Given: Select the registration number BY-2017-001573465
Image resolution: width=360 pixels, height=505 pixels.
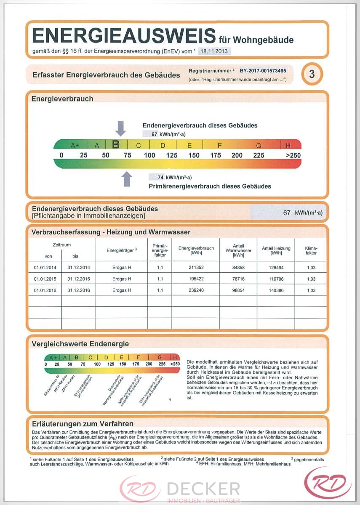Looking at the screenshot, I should [x=263, y=71].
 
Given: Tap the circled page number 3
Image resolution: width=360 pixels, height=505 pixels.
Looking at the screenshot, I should [x=312, y=74].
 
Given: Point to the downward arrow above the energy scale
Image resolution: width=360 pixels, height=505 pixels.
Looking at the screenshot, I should [x=120, y=128].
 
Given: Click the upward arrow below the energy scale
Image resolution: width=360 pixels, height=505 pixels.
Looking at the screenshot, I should [x=126, y=179].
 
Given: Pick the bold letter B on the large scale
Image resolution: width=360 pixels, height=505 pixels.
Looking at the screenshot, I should [x=116, y=145].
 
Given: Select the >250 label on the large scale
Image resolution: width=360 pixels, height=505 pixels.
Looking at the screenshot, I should [x=293, y=155].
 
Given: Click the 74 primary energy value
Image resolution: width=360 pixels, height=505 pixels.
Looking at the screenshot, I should [x=160, y=177].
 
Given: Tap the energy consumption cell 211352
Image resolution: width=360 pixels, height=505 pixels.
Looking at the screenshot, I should [x=196, y=268].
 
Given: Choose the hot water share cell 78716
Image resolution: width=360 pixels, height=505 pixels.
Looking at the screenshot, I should [x=238, y=279].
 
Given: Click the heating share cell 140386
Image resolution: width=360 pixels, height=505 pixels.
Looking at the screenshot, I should [x=276, y=290].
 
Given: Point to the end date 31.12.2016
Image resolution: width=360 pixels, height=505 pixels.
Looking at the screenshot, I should [x=78, y=290].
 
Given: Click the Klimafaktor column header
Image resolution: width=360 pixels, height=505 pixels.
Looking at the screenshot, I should [x=311, y=251].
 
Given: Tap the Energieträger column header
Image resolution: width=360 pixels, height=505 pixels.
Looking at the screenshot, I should [x=122, y=250].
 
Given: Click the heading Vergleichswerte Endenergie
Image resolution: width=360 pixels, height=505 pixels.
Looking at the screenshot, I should [x=80, y=344].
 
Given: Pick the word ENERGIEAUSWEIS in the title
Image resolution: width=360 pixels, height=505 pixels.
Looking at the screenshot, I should [x=123, y=37].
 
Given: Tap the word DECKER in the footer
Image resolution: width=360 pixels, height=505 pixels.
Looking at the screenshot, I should [x=203, y=489].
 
